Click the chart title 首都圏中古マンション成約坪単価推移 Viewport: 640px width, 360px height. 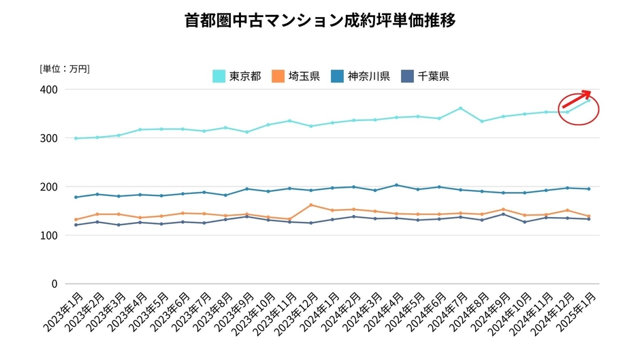(x=320, y=21)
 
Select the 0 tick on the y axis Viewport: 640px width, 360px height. (x=55, y=284)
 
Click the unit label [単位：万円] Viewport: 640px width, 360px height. (x=65, y=68)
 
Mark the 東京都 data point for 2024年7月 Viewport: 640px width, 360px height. (x=460, y=108)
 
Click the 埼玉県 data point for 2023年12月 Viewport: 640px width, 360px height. (x=311, y=205)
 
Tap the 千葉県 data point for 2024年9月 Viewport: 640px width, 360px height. (x=503, y=214)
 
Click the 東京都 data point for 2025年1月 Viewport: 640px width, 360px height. (x=589, y=101)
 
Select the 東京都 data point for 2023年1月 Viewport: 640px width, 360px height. (x=76, y=138)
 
